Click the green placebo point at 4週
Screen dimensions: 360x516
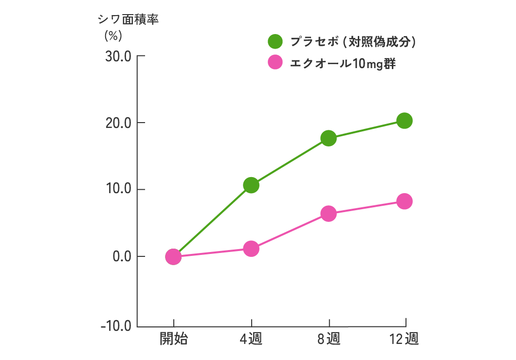[x=251, y=185]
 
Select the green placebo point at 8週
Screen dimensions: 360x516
[x=329, y=138]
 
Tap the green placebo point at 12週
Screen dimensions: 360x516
[x=405, y=121]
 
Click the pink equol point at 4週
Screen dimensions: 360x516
[x=251, y=249]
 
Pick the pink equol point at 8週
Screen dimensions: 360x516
[x=329, y=214]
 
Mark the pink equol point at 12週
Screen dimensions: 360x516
[x=405, y=201]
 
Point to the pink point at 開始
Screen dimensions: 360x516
[x=173, y=256]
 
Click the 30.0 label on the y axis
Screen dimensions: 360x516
[x=119, y=56]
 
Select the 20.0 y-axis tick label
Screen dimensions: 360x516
[x=119, y=123]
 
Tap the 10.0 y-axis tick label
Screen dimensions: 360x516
[x=119, y=189]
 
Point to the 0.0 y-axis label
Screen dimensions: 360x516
[x=122, y=256]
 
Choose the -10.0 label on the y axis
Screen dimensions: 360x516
[x=116, y=326]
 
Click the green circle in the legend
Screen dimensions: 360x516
[x=275, y=42]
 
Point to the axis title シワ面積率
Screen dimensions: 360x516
[x=129, y=20]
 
